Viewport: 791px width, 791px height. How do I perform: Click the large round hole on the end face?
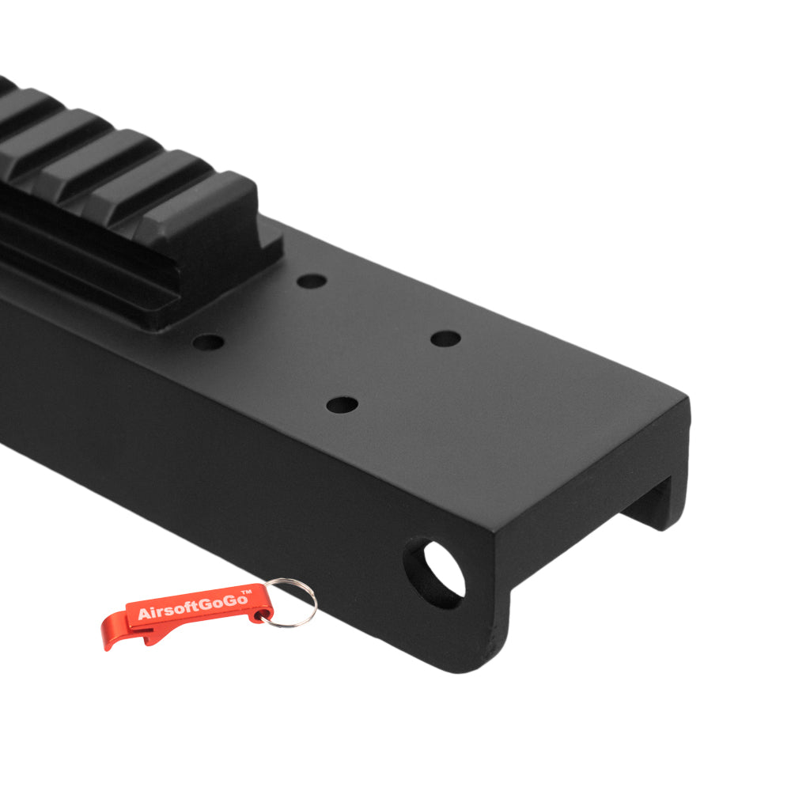pyautogui.click(x=434, y=572)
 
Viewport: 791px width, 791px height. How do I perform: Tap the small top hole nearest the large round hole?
pyautogui.click(x=341, y=405)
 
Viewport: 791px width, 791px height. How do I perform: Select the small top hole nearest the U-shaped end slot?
pyautogui.click(x=445, y=339)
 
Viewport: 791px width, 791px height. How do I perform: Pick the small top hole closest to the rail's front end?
pyautogui.click(x=312, y=281)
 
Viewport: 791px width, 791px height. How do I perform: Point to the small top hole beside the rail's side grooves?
pyautogui.click(x=208, y=343)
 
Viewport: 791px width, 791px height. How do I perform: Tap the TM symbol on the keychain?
pyautogui.click(x=246, y=593)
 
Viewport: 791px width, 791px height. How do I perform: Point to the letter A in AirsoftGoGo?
pyautogui.click(x=143, y=615)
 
